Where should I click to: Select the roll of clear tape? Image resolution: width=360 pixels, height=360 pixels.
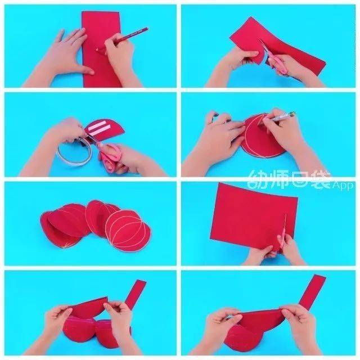click(74, 151)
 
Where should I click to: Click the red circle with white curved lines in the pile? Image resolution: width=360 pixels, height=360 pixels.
click(129, 231)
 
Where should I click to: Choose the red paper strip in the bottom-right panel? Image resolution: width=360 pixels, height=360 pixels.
click(313, 291)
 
